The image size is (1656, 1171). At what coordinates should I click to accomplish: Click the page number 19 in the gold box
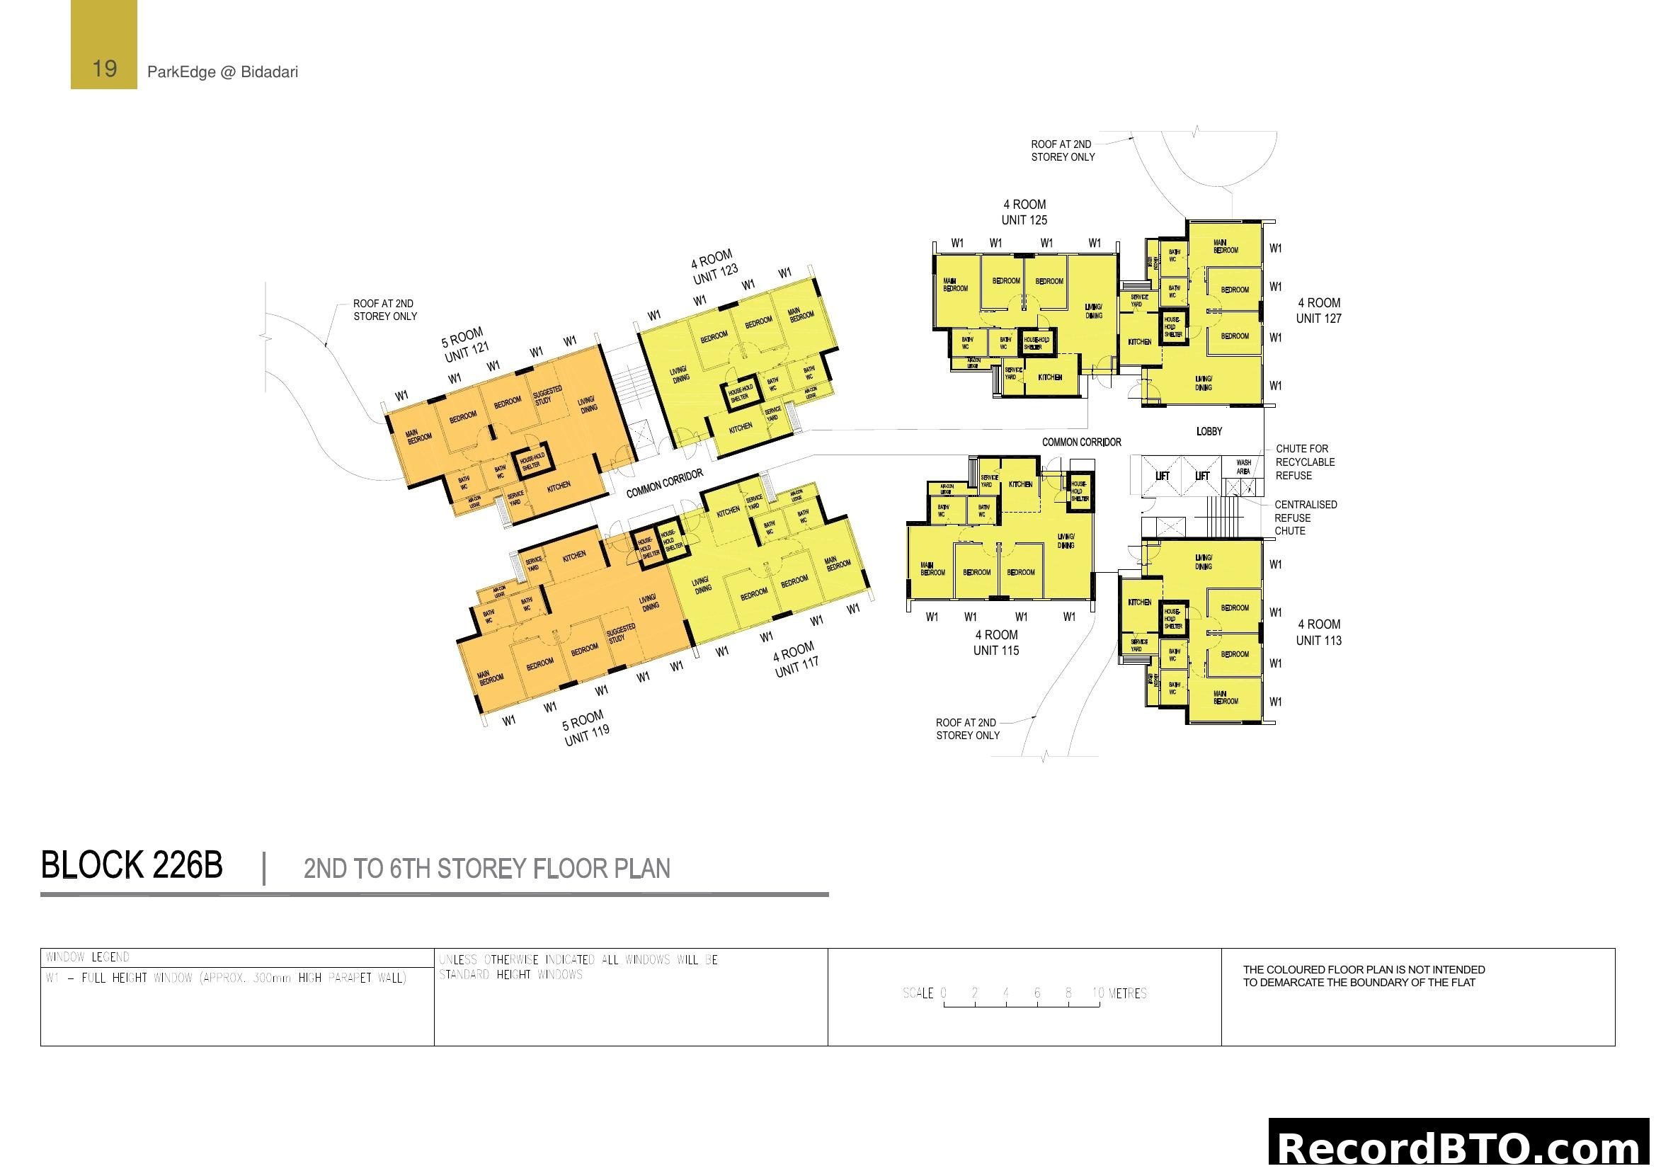tap(105, 69)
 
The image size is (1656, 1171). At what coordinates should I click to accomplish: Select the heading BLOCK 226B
tap(132, 866)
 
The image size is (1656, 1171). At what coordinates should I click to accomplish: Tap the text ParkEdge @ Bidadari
tap(222, 72)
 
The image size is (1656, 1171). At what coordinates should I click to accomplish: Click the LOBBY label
tap(1209, 431)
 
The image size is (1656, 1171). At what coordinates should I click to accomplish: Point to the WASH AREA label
tap(1243, 467)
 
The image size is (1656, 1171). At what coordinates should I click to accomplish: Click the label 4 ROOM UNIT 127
tap(1318, 311)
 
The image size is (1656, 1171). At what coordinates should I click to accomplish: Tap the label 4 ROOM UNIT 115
tap(996, 642)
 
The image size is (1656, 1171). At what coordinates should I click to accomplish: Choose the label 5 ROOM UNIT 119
tap(586, 728)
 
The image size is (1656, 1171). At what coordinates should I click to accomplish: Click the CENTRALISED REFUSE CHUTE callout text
tap(1305, 518)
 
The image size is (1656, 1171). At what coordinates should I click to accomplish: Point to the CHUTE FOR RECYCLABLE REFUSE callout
tap(1305, 462)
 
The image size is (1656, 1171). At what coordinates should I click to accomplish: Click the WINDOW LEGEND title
tap(88, 958)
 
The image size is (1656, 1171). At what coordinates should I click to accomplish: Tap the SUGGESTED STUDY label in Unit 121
tap(547, 395)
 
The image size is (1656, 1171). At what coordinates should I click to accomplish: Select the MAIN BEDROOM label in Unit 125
tap(955, 285)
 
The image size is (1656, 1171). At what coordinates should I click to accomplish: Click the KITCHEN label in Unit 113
tap(1140, 602)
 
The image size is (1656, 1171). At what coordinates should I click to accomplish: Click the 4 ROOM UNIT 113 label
tap(1318, 632)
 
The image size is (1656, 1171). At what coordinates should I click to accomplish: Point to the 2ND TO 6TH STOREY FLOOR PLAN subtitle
tap(487, 869)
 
